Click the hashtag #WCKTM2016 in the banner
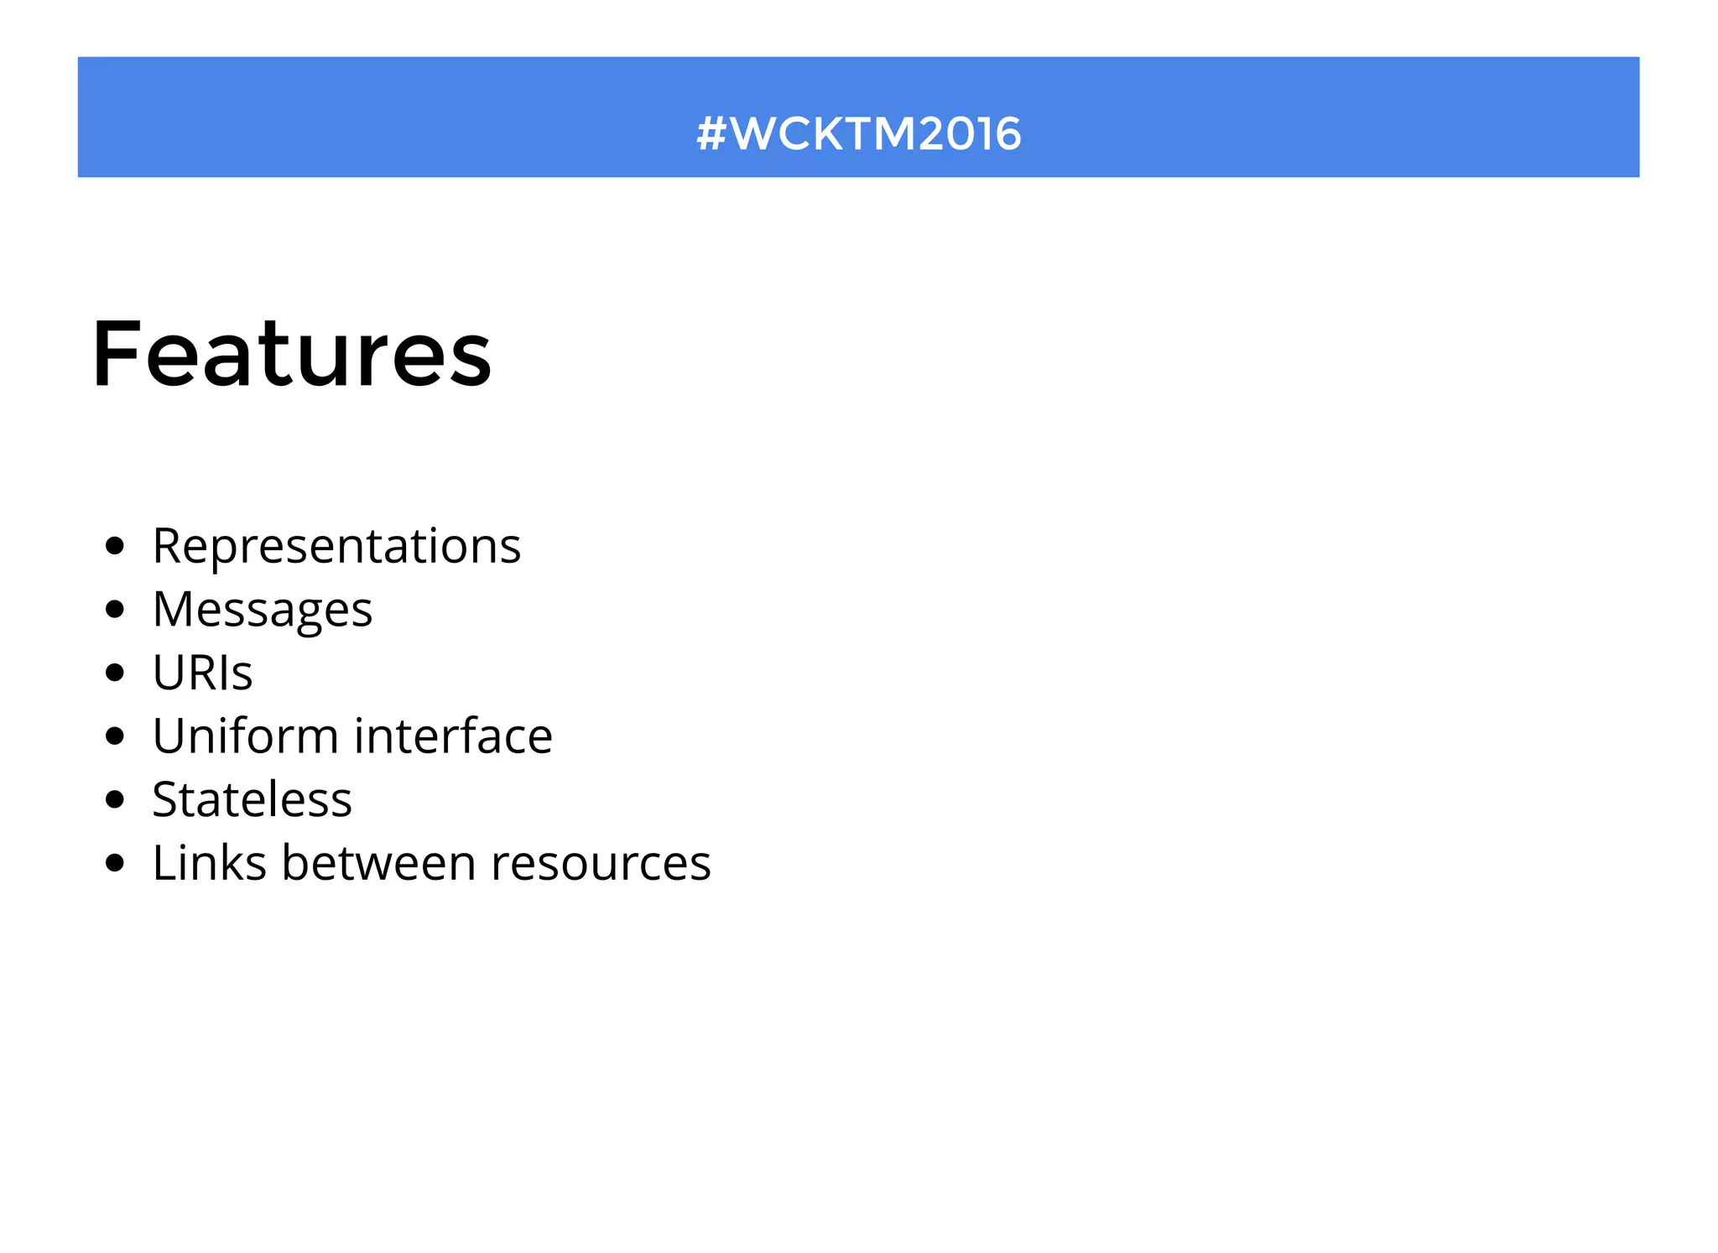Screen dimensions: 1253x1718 (x=859, y=134)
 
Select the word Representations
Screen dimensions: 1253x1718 (x=336, y=546)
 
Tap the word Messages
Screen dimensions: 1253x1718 (x=263, y=610)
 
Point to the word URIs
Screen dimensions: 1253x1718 (x=202, y=673)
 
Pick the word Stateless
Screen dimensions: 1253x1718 (x=252, y=799)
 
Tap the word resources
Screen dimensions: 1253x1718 (x=601, y=864)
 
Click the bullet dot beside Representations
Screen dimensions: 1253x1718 (x=116, y=547)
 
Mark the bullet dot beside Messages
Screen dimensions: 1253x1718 (x=116, y=610)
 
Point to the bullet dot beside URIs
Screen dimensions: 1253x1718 (x=116, y=673)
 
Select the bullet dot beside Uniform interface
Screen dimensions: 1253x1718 (x=116, y=736)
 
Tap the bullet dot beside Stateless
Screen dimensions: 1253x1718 (x=116, y=799)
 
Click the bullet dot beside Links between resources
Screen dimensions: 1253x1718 (x=116, y=863)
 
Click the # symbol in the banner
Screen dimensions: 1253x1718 (x=711, y=134)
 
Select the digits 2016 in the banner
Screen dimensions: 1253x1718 (x=970, y=134)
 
